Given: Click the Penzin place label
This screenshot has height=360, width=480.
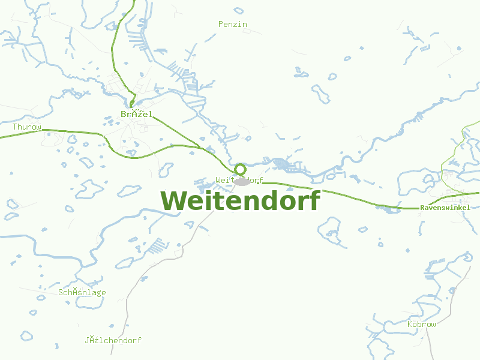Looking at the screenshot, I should click(x=233, y=25).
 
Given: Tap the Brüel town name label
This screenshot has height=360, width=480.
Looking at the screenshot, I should click(x=137, y=114).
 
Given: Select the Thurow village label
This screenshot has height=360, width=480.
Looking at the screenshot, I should click(x=27, y=127).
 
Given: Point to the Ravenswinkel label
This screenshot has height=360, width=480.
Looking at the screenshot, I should click(x=449, y=208).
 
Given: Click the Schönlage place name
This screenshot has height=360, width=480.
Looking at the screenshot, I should click(x=82, y=293).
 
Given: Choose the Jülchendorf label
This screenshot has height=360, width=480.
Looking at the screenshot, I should click(x=113, y=340).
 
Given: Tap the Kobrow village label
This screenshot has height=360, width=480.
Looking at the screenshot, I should click(x=421, y=324).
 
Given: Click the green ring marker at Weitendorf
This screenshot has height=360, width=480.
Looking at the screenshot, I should click(x=240, y=169).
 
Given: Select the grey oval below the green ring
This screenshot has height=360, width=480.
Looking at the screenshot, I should click(x=242, y=182).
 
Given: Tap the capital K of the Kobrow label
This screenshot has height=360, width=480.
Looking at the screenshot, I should click(x=410, y=324).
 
